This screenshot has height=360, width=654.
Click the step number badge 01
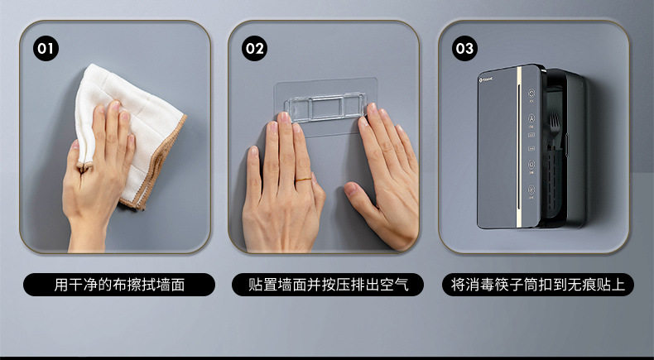point(46,49)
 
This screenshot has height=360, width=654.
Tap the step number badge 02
point(254,49)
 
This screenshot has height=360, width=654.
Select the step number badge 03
point(464,49)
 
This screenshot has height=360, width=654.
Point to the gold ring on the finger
point(304,180)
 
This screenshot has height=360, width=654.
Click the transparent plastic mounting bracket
point(325,108)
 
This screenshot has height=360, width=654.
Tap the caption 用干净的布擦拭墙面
point(119,285)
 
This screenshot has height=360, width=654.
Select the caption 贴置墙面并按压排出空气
point(329,285)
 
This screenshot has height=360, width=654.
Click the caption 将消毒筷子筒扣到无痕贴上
point(538,285)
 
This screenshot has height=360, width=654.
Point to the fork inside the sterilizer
point(555,127)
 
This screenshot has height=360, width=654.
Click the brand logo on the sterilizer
point(486,79)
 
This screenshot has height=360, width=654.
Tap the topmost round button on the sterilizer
point(531,93)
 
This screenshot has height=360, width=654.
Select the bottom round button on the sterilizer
point(531,190)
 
